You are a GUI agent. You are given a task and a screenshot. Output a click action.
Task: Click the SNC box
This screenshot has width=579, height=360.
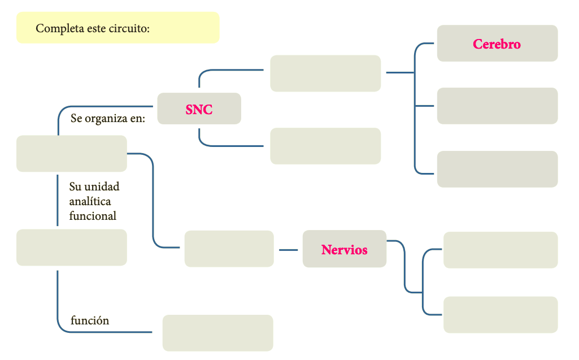pyautogui.click(x=199, y=109)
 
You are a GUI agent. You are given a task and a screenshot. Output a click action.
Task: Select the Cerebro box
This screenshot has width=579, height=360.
pyautogui.click(x=497, y=44)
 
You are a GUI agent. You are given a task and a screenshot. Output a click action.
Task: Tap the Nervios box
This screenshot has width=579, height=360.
pyautogui.click(x=345, y=249)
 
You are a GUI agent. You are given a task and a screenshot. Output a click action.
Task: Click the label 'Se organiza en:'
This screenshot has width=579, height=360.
pyautogui.click(x=108, y=119)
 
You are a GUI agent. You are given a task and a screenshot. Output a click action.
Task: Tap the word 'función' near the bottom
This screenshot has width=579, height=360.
pyautogui.click(x=90, y=320)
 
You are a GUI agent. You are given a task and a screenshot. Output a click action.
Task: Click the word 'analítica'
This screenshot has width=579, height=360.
pyautogui.click(x=90, y=201)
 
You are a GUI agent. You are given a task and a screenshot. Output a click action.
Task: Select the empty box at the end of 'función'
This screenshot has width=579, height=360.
pyautogui.click(x=217, y=333)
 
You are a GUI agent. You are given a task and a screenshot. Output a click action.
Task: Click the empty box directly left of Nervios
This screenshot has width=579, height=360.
pyautogui.click(x=229, y=249)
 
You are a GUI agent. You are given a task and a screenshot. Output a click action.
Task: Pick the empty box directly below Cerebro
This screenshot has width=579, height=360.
pyautogui.click(x=497, y=106)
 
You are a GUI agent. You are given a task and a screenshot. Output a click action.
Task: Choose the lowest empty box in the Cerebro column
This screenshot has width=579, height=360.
pyautogui.click(x=497, y=169)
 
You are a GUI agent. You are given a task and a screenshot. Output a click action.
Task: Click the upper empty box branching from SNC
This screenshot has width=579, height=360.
pyautogui.click(x=325, y=73)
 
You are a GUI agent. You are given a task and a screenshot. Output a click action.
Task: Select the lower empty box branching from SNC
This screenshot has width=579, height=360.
pyautogui.click(x=325, y=146)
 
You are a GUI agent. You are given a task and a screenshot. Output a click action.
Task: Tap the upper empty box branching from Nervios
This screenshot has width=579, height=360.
pyautogui.click(x=500, y=250)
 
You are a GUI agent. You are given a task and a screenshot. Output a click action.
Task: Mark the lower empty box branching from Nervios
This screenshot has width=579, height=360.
pyautogui.click(x=500, y=315)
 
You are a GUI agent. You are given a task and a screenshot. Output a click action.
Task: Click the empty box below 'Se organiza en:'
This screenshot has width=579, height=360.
pyautogui.click(x=72, y=154)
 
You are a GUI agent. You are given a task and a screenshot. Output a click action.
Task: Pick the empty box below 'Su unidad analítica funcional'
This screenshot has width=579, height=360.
pyautogui.click(x=72, y=248)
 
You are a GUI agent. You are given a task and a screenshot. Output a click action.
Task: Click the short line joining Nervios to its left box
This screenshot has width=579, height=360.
pyautogui.click(x=289, y=249)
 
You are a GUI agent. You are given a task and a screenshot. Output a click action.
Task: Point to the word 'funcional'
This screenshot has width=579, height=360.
pyautogui.click(x=93, y=216)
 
